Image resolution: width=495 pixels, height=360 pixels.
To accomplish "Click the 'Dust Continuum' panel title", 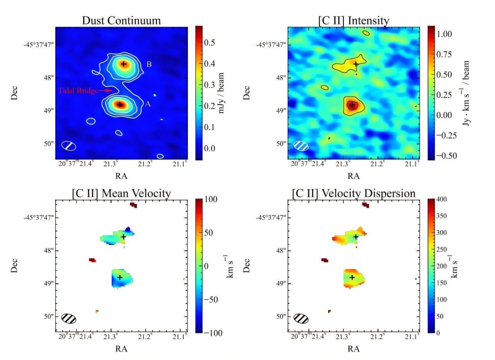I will click(121, 20).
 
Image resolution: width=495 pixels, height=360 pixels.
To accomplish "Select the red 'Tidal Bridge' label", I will click(79, 91).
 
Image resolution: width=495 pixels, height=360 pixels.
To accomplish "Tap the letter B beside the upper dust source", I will click(149, 64).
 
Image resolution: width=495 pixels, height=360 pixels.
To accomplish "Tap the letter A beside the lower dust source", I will click(148, 104).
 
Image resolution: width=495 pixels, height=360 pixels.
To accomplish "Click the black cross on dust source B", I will click(123, 64).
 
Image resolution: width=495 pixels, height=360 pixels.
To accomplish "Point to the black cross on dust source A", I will click(120, 105).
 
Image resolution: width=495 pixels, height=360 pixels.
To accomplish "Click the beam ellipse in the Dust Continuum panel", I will click(69, 146).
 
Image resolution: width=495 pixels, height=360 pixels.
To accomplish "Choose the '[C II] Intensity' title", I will click(353, 20).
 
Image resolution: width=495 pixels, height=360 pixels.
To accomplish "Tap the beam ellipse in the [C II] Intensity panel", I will click(301, 146).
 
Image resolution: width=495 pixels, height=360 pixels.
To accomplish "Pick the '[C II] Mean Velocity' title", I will click(121, 193).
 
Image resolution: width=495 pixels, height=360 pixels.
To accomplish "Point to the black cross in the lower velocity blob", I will click(120, 277).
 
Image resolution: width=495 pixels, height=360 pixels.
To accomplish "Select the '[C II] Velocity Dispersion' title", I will click(353, 193).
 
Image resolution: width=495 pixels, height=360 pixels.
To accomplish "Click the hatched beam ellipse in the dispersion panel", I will click(301, 319).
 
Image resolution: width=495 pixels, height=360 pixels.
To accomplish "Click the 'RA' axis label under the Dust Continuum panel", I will click(121, 176).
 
